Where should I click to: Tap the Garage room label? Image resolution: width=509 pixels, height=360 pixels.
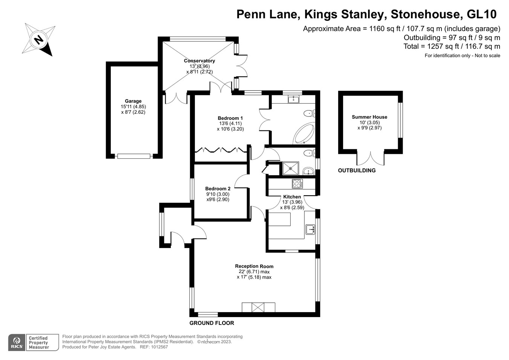[133, 101]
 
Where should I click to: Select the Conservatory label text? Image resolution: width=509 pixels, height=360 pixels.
[199, 61]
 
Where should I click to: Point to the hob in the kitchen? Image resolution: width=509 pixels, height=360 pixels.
[297, 184]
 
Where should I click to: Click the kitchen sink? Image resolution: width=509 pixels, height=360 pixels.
[310, 229]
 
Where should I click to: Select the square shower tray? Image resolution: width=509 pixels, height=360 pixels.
[290, 168]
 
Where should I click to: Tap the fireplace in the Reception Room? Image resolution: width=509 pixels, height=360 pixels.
[258, 307]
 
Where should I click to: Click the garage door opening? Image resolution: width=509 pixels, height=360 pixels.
[134, 156]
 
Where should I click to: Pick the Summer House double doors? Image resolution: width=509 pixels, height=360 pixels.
[371, 158]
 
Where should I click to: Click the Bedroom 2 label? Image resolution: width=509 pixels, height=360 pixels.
[218, 188]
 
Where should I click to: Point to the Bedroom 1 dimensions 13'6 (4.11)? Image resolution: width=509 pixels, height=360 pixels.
[230, 123]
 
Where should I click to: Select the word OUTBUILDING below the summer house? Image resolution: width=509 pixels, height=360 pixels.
[357, 170]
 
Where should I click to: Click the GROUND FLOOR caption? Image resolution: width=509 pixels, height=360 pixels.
[212, 323]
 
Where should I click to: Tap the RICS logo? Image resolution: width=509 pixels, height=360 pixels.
[17, 343]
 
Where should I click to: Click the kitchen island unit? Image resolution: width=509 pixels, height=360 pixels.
[279, 219]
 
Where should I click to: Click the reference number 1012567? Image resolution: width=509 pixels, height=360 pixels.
[159, 347]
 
